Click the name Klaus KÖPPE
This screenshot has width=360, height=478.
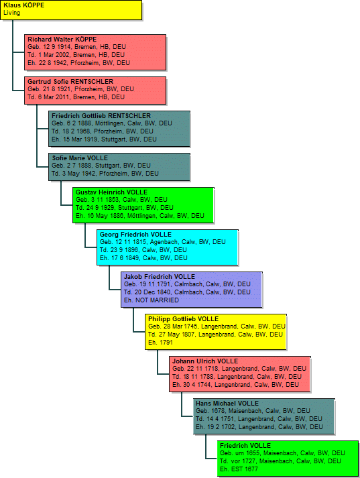[x=23, y=5]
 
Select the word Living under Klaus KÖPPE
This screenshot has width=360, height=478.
[x=11, y=13]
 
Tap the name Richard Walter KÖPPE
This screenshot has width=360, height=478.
[x=62, y=40]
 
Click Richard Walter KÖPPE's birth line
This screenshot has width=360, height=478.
[x=76, y=47]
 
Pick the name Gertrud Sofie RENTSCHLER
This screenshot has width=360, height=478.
[x=70, y=82]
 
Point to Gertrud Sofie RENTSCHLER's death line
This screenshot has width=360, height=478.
[x=76, y=97]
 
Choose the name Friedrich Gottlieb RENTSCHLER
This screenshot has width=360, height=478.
[x=101, y=116]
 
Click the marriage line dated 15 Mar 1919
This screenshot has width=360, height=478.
[x=104, y=139]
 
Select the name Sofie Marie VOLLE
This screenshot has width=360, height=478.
[x=80, y=158]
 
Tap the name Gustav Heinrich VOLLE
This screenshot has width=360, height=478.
[x=111, y=192]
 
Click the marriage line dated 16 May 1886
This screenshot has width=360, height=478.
[x=140, y=216]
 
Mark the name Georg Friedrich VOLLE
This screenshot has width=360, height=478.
[x=135, y=235]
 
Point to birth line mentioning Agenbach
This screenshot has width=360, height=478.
[x=162, y=242]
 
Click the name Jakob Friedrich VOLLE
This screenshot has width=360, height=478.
[x=160, y=277]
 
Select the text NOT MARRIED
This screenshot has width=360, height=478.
[x=158, y=300]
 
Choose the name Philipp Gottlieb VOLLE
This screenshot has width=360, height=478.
[x=183, y=319]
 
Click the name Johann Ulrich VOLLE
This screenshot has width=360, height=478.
[x=205, y=361]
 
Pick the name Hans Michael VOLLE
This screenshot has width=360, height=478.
[x=227, y=404]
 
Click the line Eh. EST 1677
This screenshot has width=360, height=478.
[x=239, y=469]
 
